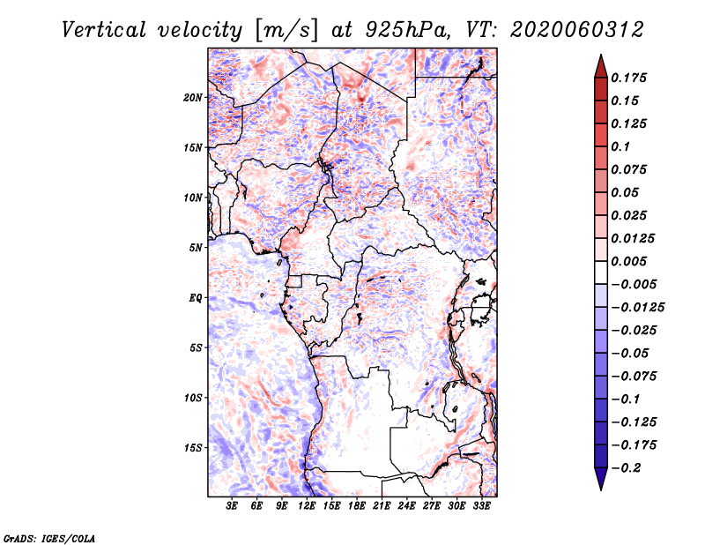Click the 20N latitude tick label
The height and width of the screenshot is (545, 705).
click(193, 97)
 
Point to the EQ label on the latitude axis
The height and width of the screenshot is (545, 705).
click(196, 297)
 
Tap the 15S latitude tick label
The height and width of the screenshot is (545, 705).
click(193, 447)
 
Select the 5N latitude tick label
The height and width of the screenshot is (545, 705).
click(196, 247)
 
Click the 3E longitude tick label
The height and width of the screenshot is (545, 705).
click(233, 506)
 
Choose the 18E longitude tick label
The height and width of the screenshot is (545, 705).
click(357, 506)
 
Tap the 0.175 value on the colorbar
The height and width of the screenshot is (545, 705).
click(630, 78)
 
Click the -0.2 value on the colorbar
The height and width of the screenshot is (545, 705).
click(628, 468)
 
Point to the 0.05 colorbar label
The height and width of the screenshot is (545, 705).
click(627, 192)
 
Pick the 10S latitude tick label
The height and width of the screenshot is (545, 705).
click(193, 398)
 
